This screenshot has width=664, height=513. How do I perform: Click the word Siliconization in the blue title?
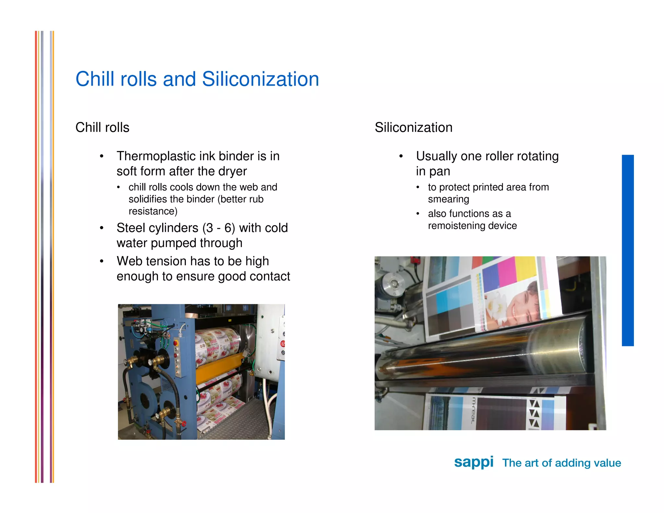coord(260,79)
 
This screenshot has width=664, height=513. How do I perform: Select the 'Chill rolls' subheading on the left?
coord(102,127)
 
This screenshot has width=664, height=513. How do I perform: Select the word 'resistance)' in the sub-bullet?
coord(153,211)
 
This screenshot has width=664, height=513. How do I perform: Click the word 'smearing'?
coord(448,199)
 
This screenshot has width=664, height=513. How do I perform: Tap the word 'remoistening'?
coord(456,226)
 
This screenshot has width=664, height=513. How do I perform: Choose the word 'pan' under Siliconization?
coord(439,171)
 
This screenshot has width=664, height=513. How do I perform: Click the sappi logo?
coord(474,462)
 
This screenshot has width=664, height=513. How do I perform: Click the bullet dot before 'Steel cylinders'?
coord(102,228)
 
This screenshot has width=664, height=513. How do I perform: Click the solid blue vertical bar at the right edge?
coord(627,250)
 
